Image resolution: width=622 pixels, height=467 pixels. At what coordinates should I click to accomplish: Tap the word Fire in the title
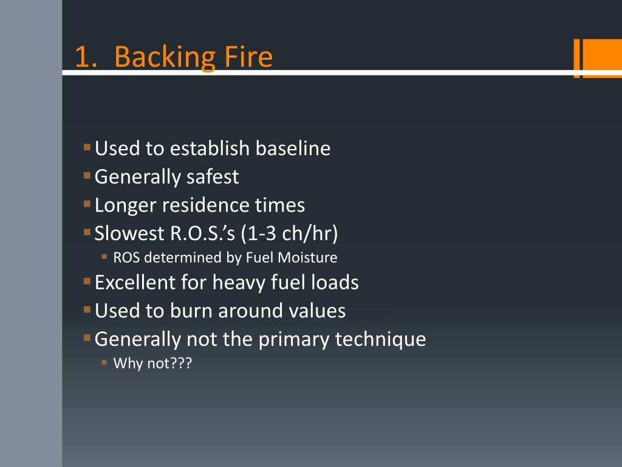pos(244,57)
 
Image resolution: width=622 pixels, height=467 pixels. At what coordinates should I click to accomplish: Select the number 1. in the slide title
pos(86,57)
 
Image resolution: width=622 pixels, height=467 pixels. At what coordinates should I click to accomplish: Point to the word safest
pos(213,177)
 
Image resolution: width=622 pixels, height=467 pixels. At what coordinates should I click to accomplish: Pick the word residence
pos(197,206)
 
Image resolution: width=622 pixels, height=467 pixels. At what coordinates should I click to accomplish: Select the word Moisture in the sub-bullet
pos(307,257)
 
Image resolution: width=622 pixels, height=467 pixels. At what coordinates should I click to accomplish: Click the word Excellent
pos(135,283)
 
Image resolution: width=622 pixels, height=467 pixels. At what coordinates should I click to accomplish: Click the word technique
pos(381,339)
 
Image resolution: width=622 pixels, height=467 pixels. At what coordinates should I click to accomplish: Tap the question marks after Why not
pos(182,364)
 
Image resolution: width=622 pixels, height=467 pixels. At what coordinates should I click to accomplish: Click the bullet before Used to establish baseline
pos(87,147)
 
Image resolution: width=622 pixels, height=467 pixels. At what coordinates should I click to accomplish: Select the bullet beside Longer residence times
pos(87,204)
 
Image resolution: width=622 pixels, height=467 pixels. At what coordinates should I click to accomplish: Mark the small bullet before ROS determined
pos(104,257)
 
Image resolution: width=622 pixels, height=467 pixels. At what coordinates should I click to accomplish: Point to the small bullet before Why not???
pos(104,363)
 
